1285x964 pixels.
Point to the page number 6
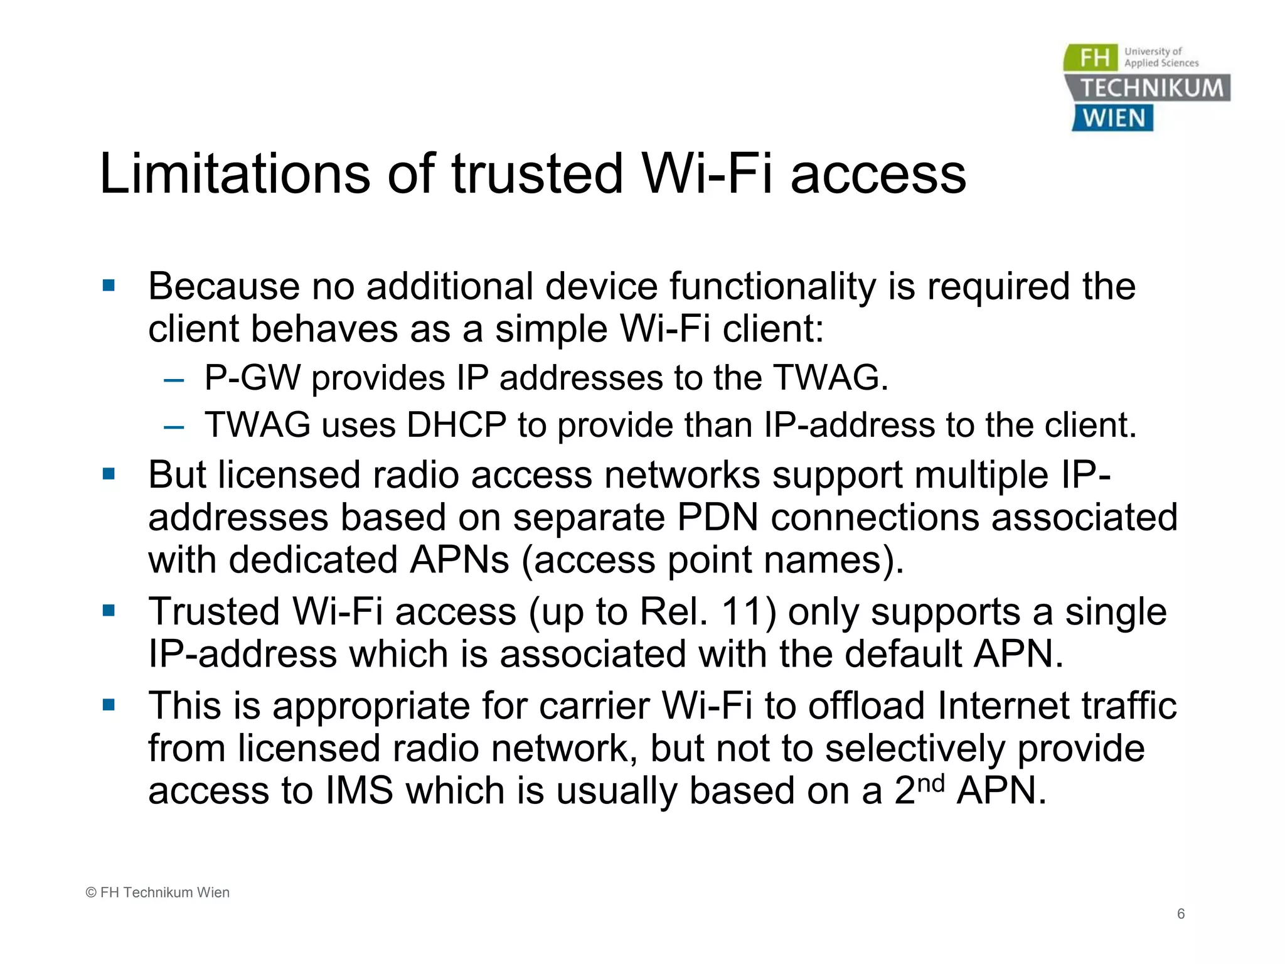tap(1181, 914)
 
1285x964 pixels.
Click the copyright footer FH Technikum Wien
tap(157, 892)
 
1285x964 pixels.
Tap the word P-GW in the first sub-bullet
tap(252, 378)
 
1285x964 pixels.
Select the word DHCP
tap(456, 425)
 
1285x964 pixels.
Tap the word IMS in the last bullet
tap(360, 790)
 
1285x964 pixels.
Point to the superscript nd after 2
tap(930, 783)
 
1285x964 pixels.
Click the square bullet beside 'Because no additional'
tap(109, 286)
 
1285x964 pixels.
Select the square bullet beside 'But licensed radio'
tap(109, 474)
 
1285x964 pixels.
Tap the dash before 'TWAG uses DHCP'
tap(173, 427)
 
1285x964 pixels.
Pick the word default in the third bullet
tap(902, 654)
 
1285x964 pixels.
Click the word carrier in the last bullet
tap(595, 705)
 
